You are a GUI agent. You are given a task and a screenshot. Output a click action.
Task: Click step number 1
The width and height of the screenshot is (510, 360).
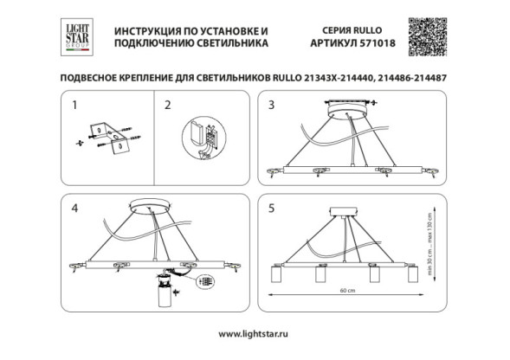(x=74, y=106)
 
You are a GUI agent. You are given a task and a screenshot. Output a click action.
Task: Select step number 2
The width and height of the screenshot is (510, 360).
(x=169, y=106)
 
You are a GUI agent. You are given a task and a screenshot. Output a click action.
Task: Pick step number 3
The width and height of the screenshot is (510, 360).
(x=271, y=106)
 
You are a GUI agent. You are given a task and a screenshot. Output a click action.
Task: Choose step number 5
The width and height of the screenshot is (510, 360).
(x=271, y=208)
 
